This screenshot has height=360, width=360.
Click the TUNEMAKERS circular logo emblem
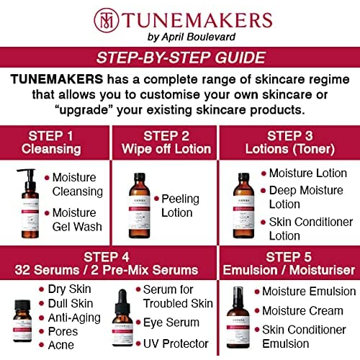(x=106, y=19)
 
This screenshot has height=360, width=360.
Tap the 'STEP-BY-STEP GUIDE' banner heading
(x=180, y=58)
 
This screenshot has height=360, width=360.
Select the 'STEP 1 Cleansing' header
(x=55, y=142)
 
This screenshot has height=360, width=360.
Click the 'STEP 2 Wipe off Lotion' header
(x=166, y=142)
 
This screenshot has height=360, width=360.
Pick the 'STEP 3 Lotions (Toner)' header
(x=289, y=142)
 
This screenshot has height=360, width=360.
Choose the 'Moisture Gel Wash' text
(x=73, y=220)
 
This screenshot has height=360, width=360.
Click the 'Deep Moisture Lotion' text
(x=300, y=197)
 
